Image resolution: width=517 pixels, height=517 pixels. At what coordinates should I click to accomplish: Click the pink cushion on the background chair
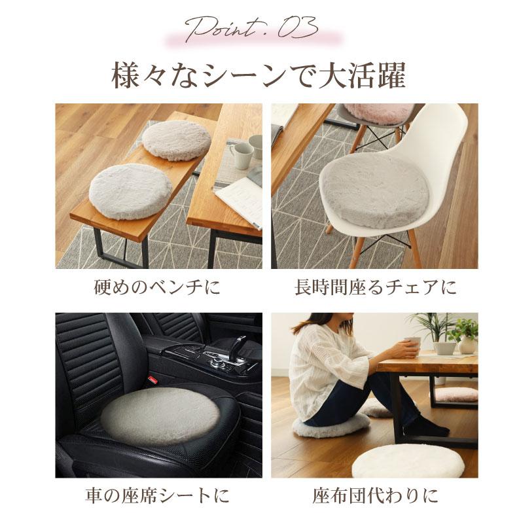(376, 113)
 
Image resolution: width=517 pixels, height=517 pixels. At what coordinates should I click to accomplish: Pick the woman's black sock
(436, 428)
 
